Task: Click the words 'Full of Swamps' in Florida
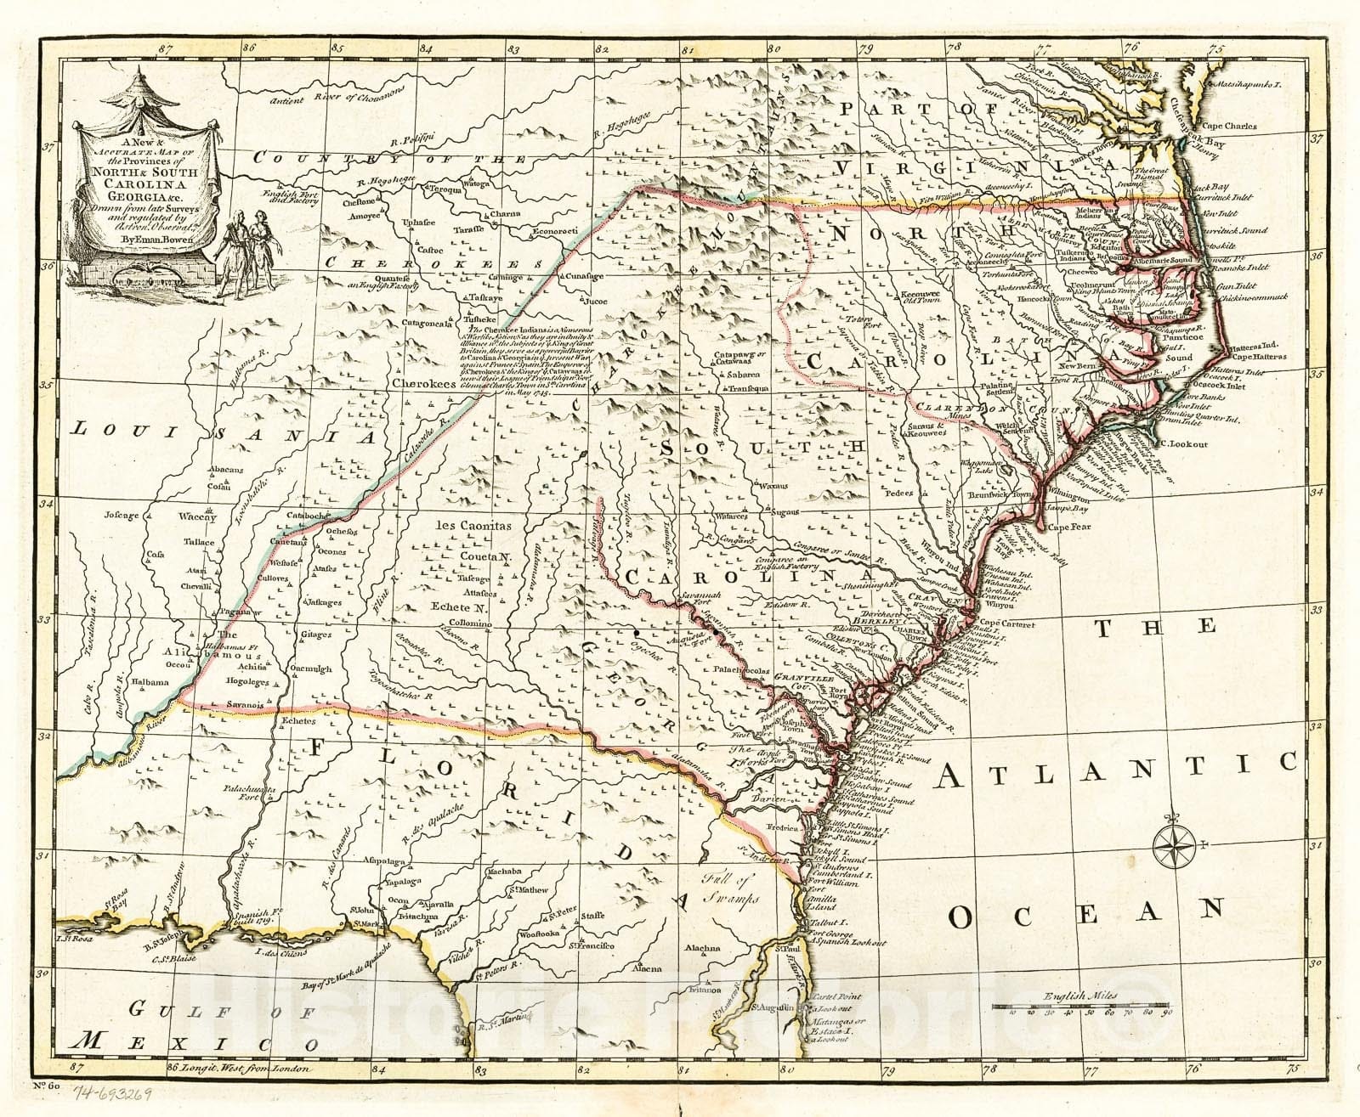[x=725, y=889]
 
